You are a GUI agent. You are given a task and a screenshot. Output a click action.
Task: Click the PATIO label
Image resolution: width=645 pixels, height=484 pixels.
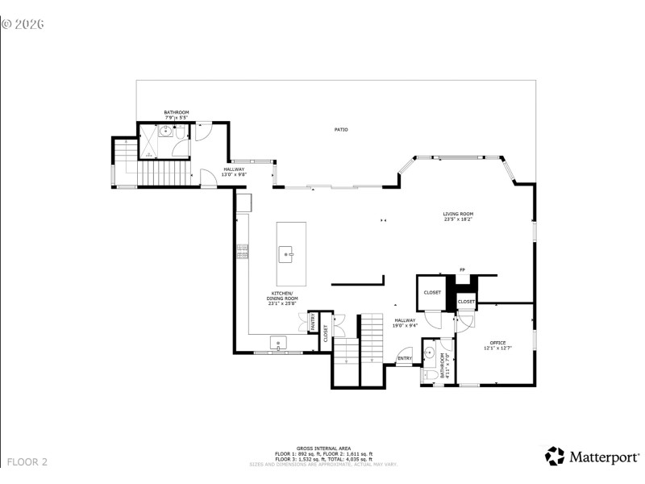[x=342, y=129]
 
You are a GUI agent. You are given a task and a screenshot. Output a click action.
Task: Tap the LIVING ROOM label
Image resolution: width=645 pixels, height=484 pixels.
[x=457, y=214]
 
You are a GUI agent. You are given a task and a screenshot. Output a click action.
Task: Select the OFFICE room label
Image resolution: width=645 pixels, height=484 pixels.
[x=497, y=343]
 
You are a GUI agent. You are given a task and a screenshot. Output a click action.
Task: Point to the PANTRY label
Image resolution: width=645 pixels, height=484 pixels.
[x=313, y=323]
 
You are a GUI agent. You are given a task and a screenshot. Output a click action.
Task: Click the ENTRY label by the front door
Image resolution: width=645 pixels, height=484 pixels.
[x=405, y=358]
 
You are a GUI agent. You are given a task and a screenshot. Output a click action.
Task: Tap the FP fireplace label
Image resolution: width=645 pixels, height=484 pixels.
[x=462, y=269]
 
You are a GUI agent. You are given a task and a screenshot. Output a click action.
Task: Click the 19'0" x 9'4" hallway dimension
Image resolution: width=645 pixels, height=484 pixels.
[x=406, y=326]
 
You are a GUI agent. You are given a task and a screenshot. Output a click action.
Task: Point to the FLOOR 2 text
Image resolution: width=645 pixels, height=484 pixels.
[x=27, y=462]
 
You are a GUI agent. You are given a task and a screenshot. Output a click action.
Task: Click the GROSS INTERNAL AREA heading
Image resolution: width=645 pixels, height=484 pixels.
[x=322, y=447]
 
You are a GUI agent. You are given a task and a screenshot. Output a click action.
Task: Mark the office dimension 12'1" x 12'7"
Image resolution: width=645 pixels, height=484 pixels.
[x=497, y=348]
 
